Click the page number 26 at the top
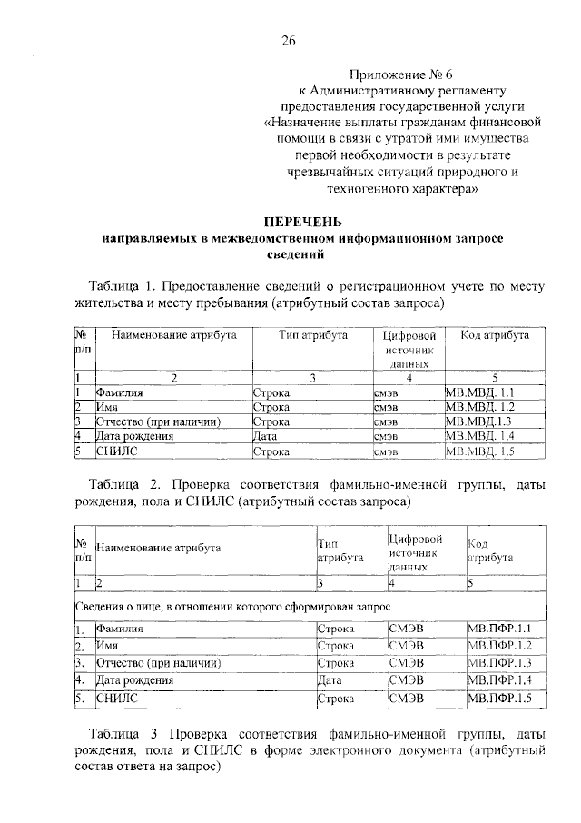click(290, 39)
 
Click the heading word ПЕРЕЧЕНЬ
click(302, 221)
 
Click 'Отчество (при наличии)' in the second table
click(159, 663)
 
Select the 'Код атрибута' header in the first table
click(495, 335)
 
